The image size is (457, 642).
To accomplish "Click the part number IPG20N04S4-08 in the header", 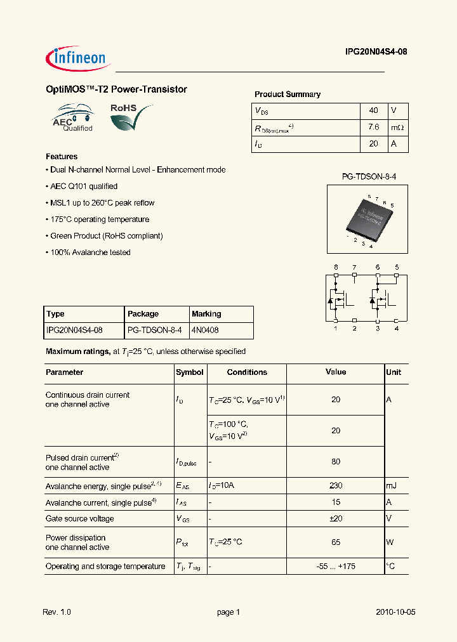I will coord(371,53).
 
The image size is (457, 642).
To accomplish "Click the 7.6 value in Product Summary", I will coord(373,127).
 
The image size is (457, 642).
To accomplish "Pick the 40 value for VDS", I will coord(373,110).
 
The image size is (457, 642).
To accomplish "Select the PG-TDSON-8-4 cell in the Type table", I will coord(154,331).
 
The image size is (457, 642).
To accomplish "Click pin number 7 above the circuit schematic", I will coord(354,267).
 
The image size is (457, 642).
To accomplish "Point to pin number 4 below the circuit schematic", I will coord(396,328).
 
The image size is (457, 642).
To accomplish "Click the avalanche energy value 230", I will coord(336,485).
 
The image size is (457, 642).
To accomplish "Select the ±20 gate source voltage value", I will coord(336,518).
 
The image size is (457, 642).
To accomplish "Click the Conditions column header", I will coord(247,372).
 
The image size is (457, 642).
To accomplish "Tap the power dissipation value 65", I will coord(336,542).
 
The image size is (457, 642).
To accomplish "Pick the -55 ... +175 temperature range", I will coord(336,566).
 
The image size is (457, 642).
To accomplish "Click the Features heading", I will coord(62,157).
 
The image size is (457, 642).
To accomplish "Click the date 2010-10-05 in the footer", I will coord(395,612).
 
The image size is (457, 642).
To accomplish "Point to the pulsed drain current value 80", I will coord(336,462).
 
